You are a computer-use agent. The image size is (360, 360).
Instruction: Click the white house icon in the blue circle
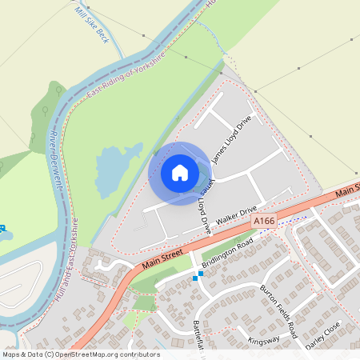click(x=180, y=172)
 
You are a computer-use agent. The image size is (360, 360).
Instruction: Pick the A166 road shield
click(x=262, y=220)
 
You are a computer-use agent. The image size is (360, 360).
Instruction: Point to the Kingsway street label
click(x=264, y=341)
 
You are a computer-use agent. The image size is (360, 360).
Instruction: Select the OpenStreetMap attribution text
click(x=81, y=354)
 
